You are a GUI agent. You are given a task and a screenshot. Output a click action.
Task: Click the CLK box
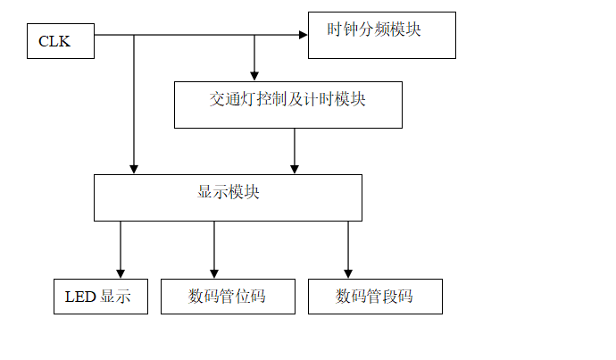point(60,41)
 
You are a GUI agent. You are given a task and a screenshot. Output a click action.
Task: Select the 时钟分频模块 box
point(381,36)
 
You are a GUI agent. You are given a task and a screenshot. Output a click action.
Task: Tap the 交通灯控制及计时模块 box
point(287,105)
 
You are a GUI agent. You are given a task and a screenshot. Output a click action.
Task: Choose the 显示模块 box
point(228,197)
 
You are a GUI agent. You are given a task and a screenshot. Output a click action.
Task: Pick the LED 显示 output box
point(100,296)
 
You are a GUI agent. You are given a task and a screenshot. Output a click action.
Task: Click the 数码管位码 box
point(228,296)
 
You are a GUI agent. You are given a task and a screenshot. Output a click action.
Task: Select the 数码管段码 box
point(375,296)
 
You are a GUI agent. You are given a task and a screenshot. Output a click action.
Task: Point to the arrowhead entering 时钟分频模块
point(303,36)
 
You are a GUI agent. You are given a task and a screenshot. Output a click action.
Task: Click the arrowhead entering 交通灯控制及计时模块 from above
point(254,76)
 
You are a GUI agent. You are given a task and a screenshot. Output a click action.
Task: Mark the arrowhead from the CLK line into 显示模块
point(134,168)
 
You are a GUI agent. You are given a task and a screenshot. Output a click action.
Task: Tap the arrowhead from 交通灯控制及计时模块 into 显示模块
point(295,168)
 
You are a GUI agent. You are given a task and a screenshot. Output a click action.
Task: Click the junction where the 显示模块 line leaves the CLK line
point(134,36)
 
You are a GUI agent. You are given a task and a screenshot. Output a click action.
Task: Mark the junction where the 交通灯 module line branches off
point(254,36)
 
